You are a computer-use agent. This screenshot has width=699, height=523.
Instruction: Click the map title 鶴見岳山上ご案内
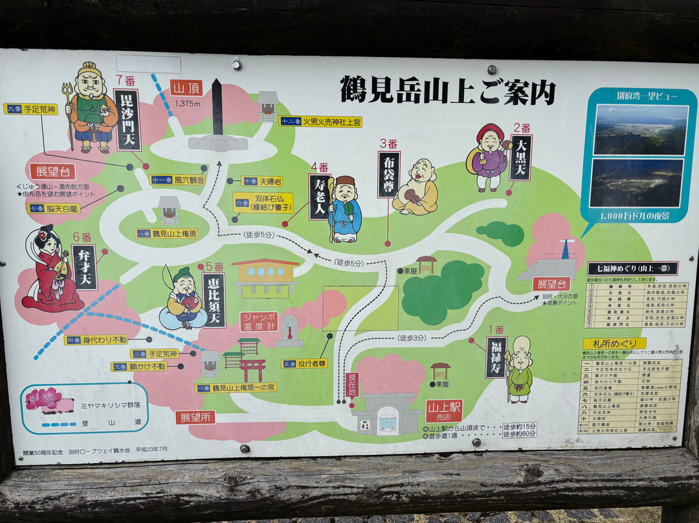click(x=448, y=90)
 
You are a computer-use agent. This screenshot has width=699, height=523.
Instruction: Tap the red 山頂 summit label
click(x=186, y=88)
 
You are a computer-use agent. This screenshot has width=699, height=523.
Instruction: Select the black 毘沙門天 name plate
click(x=128, y=120)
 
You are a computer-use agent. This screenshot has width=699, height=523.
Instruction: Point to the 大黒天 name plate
click(x=520, y=157)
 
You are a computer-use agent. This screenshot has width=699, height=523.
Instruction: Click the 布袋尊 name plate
click(x=388, y=173)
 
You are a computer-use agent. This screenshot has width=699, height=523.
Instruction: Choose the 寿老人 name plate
click(x=320, y=197)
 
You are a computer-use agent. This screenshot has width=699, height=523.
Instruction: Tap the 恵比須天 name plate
click(x=214, y=300)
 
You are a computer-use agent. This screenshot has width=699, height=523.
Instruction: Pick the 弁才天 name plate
click(x=85, y=267)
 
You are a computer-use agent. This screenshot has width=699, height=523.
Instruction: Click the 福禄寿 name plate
click(x=496, y=357)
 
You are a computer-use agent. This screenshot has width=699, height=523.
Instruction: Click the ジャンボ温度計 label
click(x=259, y=322)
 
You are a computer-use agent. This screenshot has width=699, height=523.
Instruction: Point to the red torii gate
click(x=252, y=370)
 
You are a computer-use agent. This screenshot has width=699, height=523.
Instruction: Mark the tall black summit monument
click(x=217, y=107)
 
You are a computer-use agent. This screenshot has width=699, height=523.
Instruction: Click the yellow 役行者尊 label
click(x=304, y=364)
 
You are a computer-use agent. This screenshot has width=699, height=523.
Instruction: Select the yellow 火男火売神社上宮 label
click(x=320, y=121)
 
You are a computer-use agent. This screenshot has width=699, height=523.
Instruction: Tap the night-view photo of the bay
click(x=638, y=183)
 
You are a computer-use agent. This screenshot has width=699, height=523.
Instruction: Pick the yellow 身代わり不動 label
click(x=95, y=340)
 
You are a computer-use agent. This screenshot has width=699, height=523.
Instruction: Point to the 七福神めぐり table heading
click(x=632, y=269)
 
